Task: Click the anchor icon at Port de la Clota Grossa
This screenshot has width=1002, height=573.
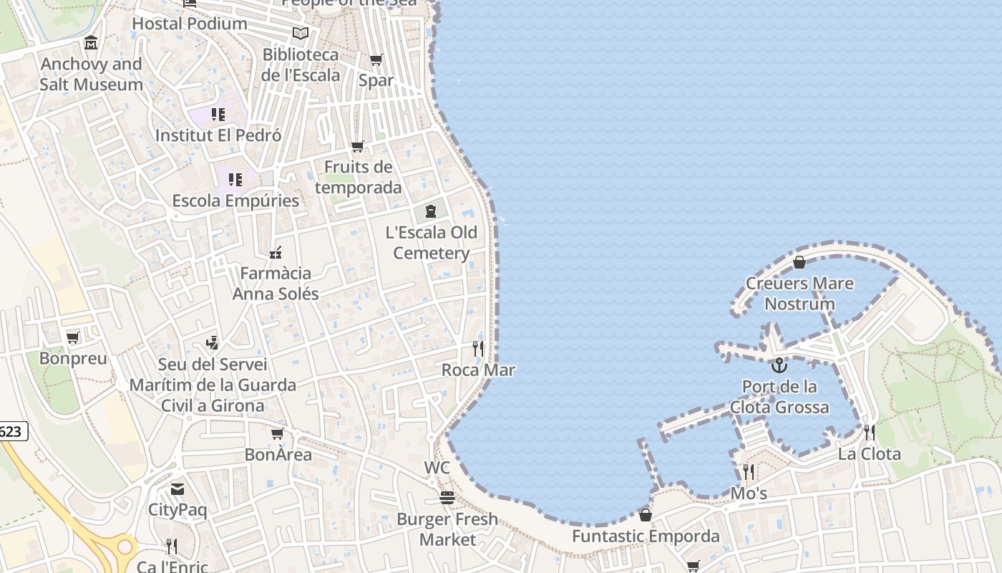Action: tap(779, 366)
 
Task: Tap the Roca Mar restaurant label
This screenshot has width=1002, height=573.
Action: tap(478, 370)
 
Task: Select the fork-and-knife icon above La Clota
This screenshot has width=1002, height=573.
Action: tap(869, 433)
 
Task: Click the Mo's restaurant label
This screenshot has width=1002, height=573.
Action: tap(749, 493)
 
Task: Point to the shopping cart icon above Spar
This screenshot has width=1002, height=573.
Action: tap(376, 60)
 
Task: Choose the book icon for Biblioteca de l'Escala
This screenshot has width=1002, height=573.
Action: tap(301, 34)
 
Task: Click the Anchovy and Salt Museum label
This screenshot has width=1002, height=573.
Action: tap(91, 74)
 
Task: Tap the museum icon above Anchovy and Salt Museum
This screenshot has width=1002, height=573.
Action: tap(91, 44)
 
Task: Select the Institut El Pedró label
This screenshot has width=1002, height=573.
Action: tap(218, 135)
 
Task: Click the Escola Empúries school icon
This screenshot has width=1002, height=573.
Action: tap(235, 180)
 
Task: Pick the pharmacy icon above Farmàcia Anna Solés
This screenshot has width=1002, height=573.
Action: tap(276, 253)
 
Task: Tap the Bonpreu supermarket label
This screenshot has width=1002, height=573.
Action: tap(73, 358)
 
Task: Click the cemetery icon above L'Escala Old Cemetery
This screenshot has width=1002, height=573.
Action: tap(431, 211)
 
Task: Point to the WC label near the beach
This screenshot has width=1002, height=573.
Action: tap(437, 468)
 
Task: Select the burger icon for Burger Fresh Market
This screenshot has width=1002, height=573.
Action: tap(447, 498)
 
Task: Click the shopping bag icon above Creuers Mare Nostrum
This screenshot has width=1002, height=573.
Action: tap(799, 262)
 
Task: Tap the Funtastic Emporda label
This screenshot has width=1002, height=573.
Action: tap(646, 536)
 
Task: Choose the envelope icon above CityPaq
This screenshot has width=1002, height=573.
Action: tap(177, 490)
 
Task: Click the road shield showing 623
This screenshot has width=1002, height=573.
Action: tap(13, 431)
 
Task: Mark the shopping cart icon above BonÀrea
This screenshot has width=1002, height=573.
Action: tap(278, 434)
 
